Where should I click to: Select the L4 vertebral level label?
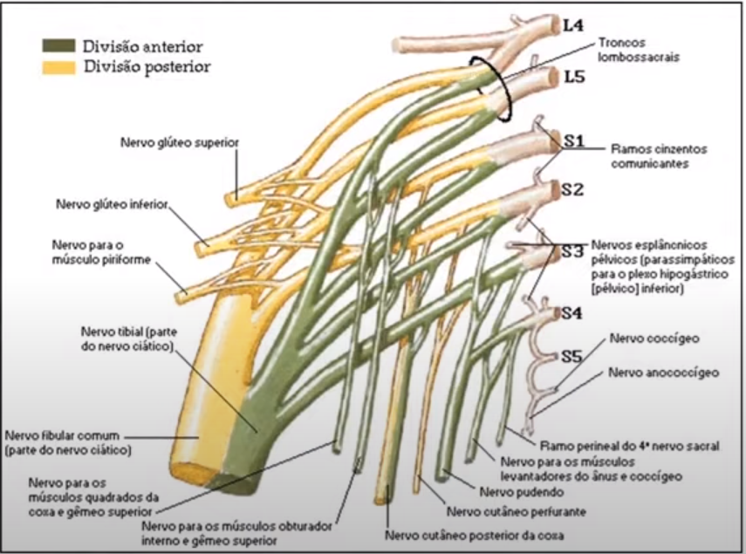[572, 25]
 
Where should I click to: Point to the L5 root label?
[573, 78]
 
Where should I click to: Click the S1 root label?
[573, 140]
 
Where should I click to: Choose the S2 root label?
[573, 188]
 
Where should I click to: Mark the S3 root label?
[572, 251]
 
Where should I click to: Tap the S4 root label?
[572, 311]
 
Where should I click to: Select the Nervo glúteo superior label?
[181, 141]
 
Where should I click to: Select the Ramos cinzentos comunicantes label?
[659, 156]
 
